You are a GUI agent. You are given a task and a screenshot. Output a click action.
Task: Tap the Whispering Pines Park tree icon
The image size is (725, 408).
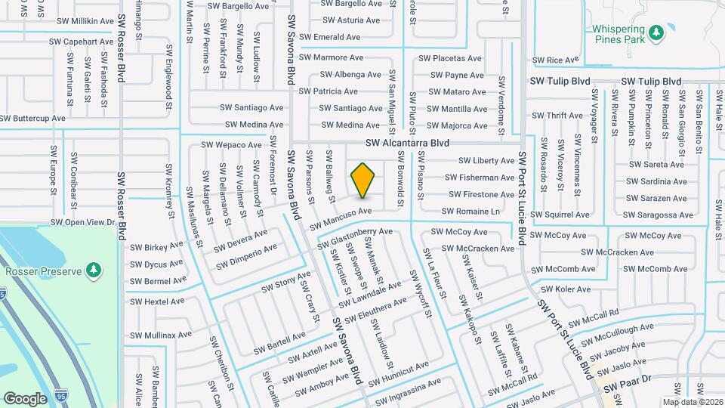tap(656, 31)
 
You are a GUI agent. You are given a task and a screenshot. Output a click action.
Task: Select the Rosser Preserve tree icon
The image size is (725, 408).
tap(93, 270)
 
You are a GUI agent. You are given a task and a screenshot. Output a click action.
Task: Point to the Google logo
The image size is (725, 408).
tap(25, 398)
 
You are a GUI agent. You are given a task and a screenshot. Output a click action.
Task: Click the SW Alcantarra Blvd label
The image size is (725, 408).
tap(407, 142)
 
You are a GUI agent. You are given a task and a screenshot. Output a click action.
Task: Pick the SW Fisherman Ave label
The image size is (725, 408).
tap(480, 178)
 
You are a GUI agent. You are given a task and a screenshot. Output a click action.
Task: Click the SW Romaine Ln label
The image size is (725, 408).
tap(470, 212)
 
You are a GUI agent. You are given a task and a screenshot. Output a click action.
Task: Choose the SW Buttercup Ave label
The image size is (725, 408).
tap(32, 119)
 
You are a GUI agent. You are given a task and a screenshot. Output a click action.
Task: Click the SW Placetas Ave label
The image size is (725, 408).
tap(450, 58)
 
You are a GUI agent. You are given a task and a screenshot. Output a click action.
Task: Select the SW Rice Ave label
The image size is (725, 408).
tap(555, 60)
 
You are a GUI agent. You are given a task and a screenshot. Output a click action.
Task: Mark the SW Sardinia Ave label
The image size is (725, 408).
tap(656, 181)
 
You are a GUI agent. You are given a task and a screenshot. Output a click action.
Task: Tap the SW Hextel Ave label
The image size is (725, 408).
tap(157, 301)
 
